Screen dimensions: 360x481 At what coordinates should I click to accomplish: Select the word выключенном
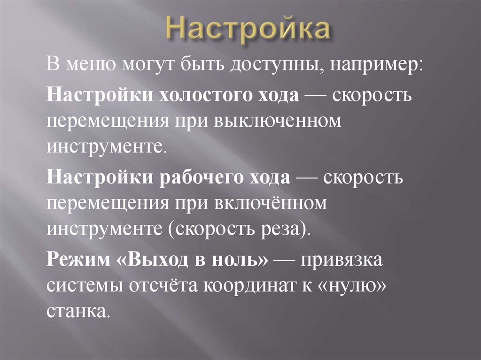[x=277, y=120]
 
